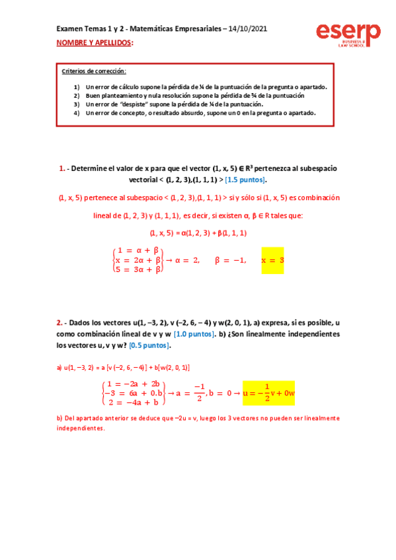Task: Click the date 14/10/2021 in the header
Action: pos(247,29)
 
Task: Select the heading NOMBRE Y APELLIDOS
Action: pos(94,43)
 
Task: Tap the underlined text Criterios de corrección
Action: pos(93,71)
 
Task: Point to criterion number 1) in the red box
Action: pos(77,87)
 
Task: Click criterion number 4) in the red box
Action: pos(77,112)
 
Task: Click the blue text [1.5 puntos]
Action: pos(245,180)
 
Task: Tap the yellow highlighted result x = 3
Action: pos(273,260)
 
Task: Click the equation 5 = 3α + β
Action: pos(138,269)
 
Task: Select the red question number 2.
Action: pos(59,323)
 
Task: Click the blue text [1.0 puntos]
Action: pos(194,334)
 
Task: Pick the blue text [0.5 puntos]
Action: pos(150,345)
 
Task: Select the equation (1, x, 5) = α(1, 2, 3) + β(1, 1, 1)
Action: pos(198,232)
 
